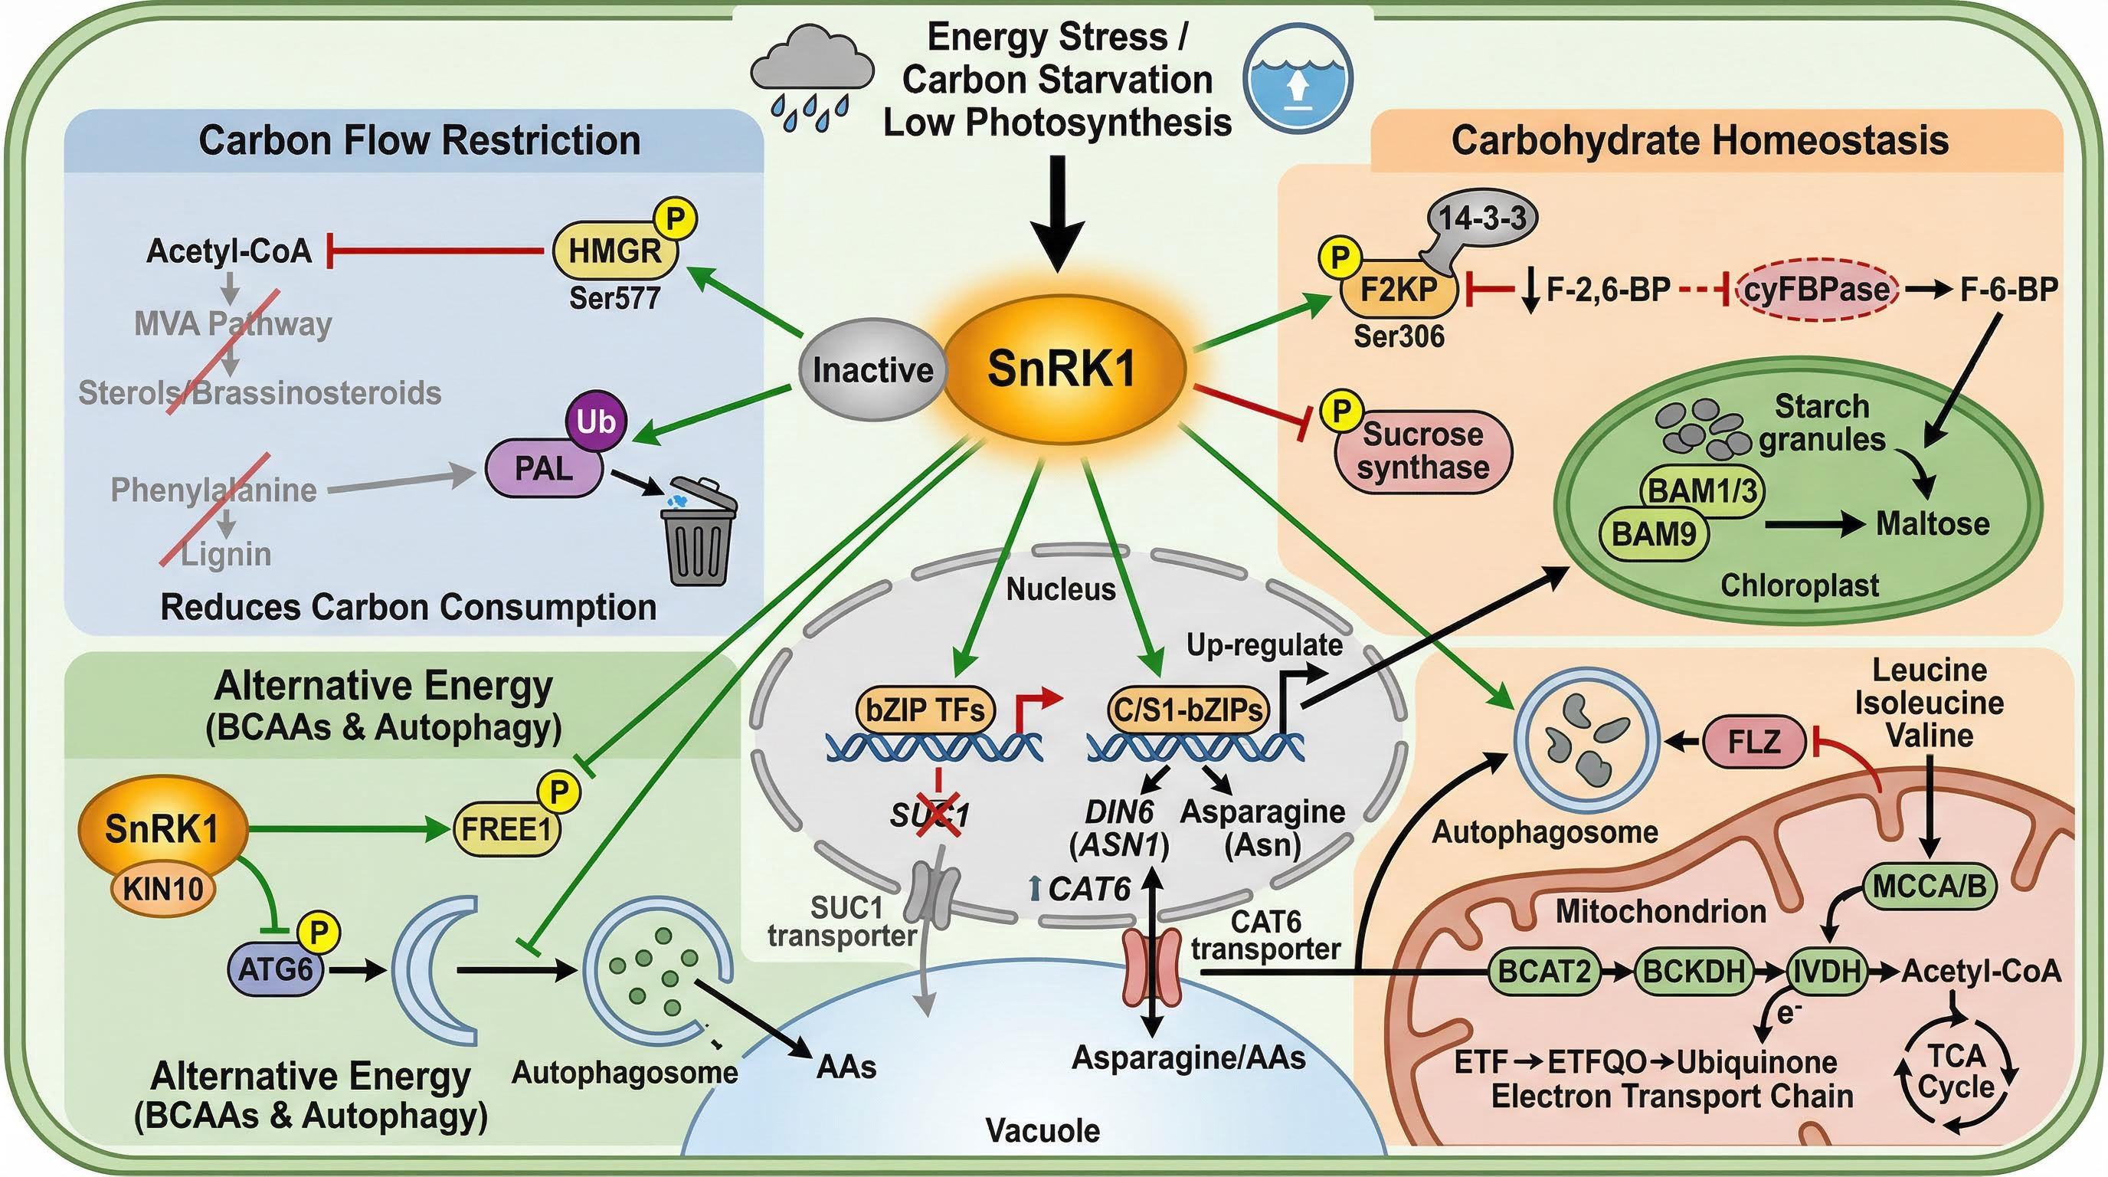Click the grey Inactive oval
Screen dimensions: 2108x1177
[872, 370]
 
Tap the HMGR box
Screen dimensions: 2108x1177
[615, 251]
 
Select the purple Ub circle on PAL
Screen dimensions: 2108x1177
[596, 421]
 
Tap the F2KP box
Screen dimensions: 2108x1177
[1398, 289]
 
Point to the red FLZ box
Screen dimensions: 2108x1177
[1754, 742]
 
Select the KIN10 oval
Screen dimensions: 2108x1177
[164, 887]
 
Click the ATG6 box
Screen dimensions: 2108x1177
[275, 970]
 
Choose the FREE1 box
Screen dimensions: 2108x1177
[506, 829]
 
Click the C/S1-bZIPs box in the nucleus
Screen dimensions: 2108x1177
[1187, 709]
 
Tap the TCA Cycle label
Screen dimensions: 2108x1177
[1956, 1072]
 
